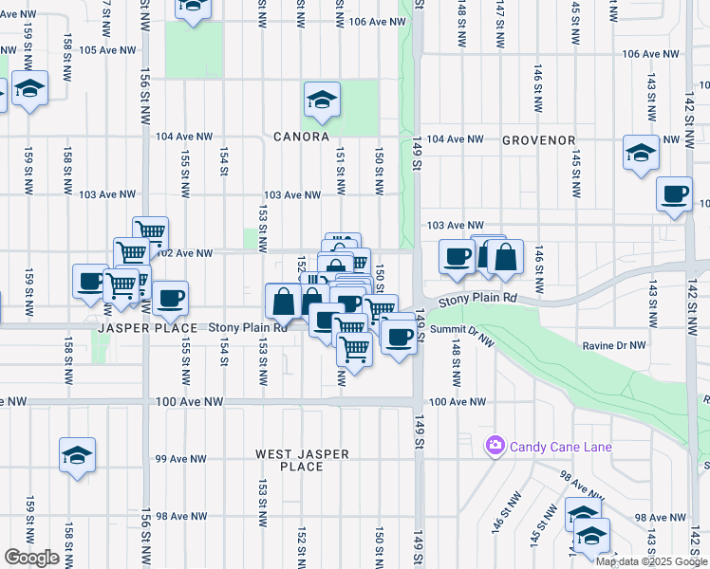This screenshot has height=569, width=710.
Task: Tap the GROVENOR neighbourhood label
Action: coord(539,140)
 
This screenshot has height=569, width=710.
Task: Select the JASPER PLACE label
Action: coord(146,328)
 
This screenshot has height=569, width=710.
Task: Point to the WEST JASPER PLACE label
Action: coord(302,460)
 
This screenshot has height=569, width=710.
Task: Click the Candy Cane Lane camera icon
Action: coord(495,446)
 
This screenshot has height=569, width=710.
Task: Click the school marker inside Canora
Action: coord(322,99)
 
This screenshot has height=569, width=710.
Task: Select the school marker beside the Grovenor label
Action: coord(641,152)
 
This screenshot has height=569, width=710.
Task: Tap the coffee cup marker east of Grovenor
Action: coord(675,194)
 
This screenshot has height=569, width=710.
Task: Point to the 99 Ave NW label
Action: coord(180,459)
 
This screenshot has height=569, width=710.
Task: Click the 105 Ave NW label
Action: coord(105,50)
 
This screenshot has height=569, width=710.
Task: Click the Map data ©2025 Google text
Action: coord(652,561)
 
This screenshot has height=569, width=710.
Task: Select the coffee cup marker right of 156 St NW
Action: coord(170,298)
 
